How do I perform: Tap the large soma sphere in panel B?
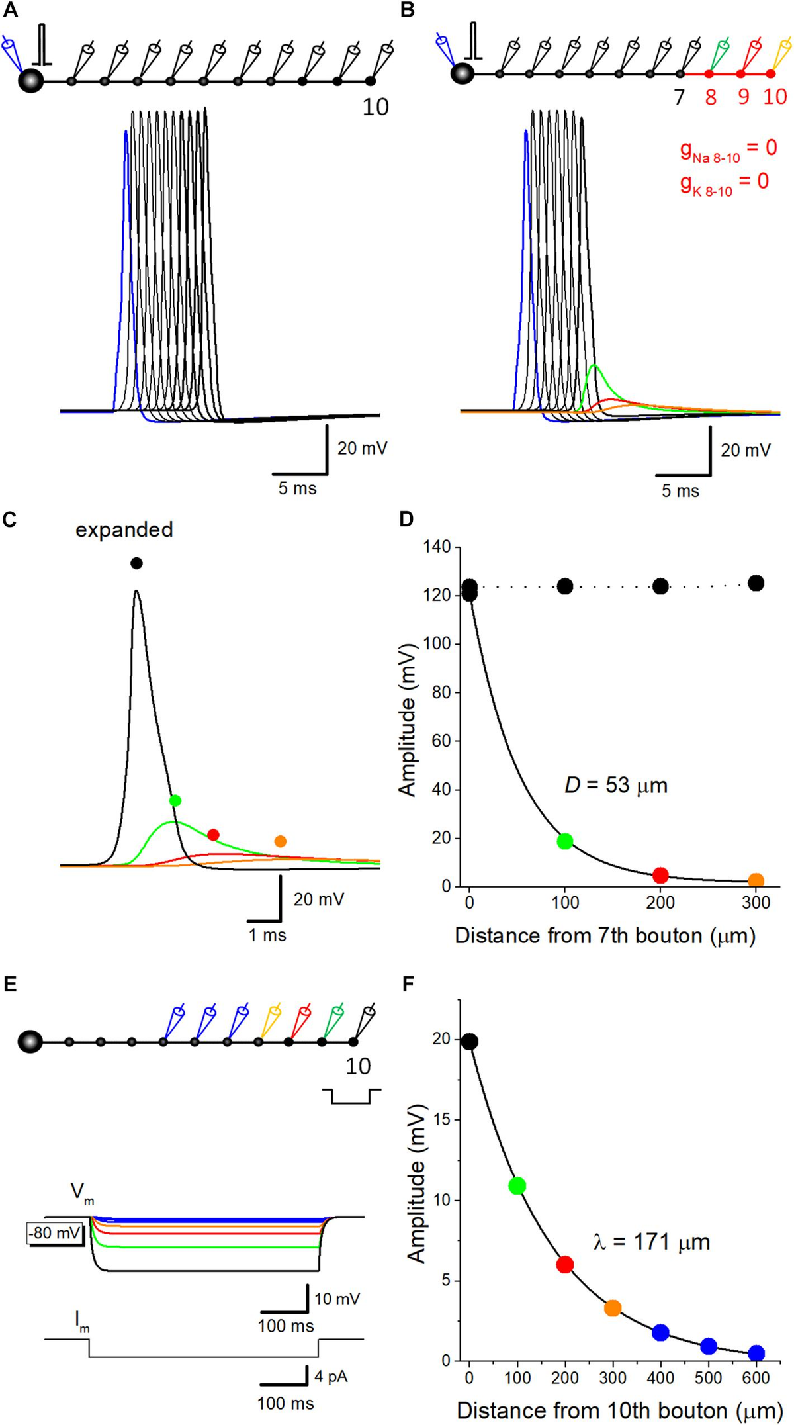coord(463,73)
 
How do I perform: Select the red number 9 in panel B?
coord(743,97)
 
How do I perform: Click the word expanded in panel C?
coord(124,529)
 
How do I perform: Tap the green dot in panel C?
coord(175,800)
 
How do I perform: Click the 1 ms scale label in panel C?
coord(267,935)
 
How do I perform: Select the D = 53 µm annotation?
coord(616,786)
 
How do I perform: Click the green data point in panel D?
coord(564,841)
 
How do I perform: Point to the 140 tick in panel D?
coord(439,547)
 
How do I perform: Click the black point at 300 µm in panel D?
coord(756,583)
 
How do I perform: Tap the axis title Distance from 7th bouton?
coord(605,936)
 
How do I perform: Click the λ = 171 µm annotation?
coord(651,1242)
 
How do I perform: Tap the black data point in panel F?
coord(469,1042)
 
